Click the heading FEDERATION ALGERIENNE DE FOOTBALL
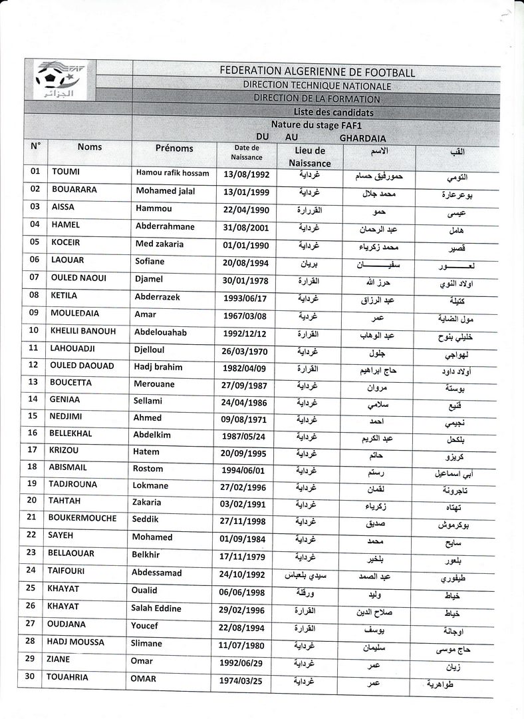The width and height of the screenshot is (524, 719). click(317, 72)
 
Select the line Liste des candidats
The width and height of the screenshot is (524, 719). click(333, 113)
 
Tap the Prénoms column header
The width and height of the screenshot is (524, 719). click(174, 148)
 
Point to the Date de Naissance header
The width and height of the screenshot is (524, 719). click(246, 152)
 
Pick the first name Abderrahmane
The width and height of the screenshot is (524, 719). click(165, 226)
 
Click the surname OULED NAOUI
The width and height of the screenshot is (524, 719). click(78, 278)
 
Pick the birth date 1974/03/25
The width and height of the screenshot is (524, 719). click(243, 681)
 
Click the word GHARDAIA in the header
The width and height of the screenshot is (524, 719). click(362, 138)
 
